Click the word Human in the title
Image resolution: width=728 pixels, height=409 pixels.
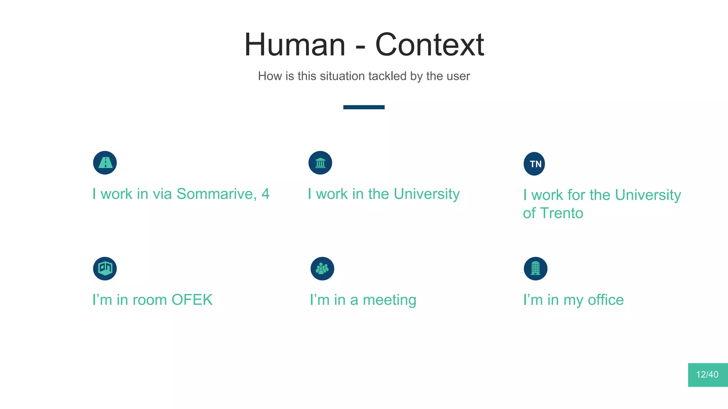tap(295, 45)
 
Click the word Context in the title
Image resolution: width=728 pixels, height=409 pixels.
tap(429, 45)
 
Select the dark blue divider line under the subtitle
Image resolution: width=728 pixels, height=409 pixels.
tap(364, 107)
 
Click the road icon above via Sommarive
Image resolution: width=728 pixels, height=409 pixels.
tap(105, 163)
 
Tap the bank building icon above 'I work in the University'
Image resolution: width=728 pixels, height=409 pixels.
tap(320, 163)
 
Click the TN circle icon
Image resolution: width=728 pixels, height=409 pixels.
tap(534, 164)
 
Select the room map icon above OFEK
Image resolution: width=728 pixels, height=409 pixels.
tap(105, 268)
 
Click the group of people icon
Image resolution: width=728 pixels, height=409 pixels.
tap(322, 268)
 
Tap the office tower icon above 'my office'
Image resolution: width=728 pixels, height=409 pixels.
tap(535, 268)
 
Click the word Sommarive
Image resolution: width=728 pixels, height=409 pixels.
tap(216, 194)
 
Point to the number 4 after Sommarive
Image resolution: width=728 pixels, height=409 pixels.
tap(266, 194)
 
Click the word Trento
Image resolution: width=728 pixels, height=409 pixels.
tap(562, 213)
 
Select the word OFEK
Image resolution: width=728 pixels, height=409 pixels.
tap(192, 300)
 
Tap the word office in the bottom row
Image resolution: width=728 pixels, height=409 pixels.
tap(606, 300)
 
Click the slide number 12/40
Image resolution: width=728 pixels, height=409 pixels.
tap(707, 375)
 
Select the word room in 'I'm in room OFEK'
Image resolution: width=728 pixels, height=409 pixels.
tap(150, 300)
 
